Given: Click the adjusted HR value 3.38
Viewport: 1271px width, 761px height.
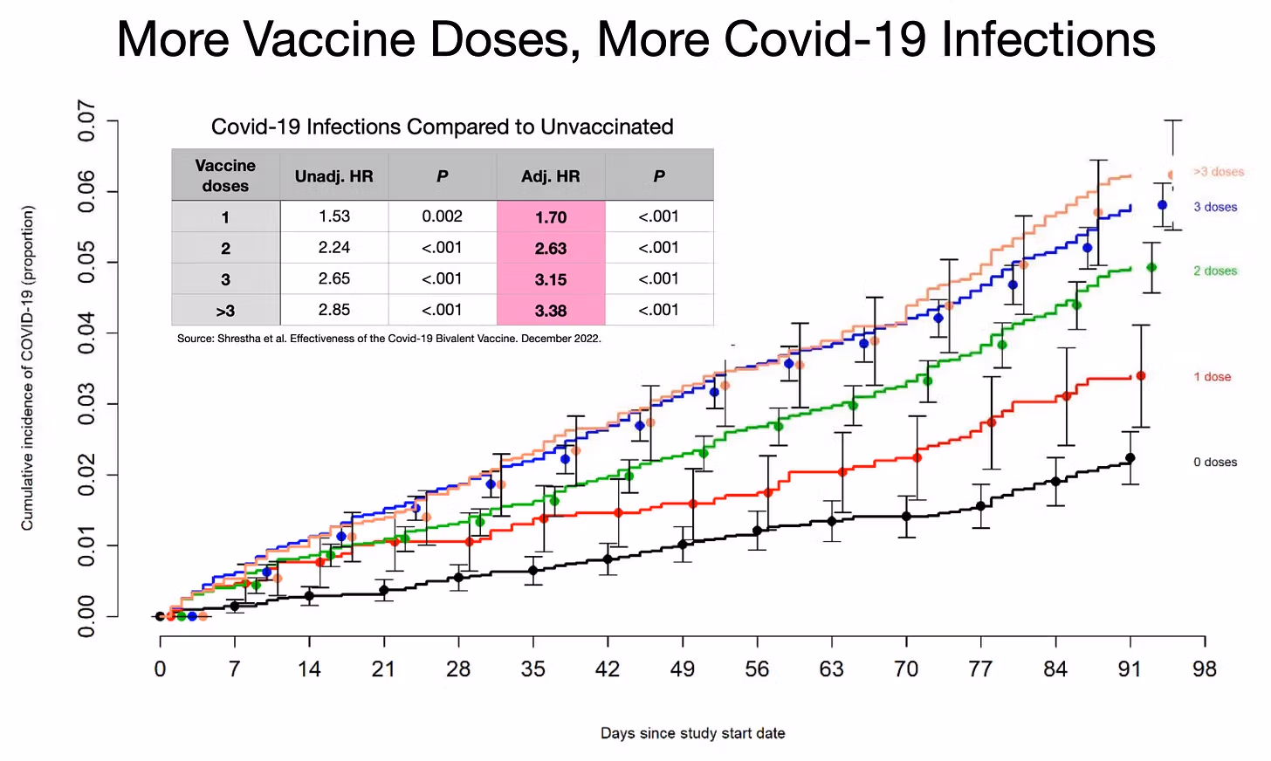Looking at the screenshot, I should pos(551,311).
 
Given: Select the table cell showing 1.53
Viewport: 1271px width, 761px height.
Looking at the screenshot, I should pos(334,216).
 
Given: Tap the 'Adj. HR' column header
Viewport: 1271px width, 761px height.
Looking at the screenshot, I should pos(551,176).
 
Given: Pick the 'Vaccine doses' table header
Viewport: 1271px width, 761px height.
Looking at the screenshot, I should pos(225,175).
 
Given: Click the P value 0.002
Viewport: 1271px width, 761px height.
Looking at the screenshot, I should pos(443,216).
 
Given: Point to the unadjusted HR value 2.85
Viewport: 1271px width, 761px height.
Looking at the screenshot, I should pos(334,310).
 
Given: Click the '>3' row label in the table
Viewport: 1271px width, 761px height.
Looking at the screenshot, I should pos(225,311).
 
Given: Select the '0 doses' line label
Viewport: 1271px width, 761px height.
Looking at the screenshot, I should pos(1215,462).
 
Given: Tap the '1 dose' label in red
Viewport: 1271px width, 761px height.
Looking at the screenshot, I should pos(1213,377).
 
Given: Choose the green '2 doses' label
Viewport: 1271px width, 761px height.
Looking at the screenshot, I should pos(1215,271).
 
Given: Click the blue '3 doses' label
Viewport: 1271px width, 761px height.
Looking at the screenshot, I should pos(1215,207).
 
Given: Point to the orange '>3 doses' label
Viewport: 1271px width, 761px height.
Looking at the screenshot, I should pos(1219,172).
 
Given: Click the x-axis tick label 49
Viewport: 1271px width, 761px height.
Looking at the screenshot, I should pos(683,669).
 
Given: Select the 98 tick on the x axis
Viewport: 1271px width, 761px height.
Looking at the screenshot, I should pos(1205,669).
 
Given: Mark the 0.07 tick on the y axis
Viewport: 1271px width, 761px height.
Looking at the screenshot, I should pos(86,120).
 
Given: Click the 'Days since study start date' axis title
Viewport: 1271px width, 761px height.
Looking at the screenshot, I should pos(692,733).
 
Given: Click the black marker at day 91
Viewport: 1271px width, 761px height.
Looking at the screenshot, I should pos(1130,457).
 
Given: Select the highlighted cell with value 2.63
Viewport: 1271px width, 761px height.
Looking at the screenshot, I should pos(551,249).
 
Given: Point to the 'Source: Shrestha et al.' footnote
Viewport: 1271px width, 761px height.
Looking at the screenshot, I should pos(388,339).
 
